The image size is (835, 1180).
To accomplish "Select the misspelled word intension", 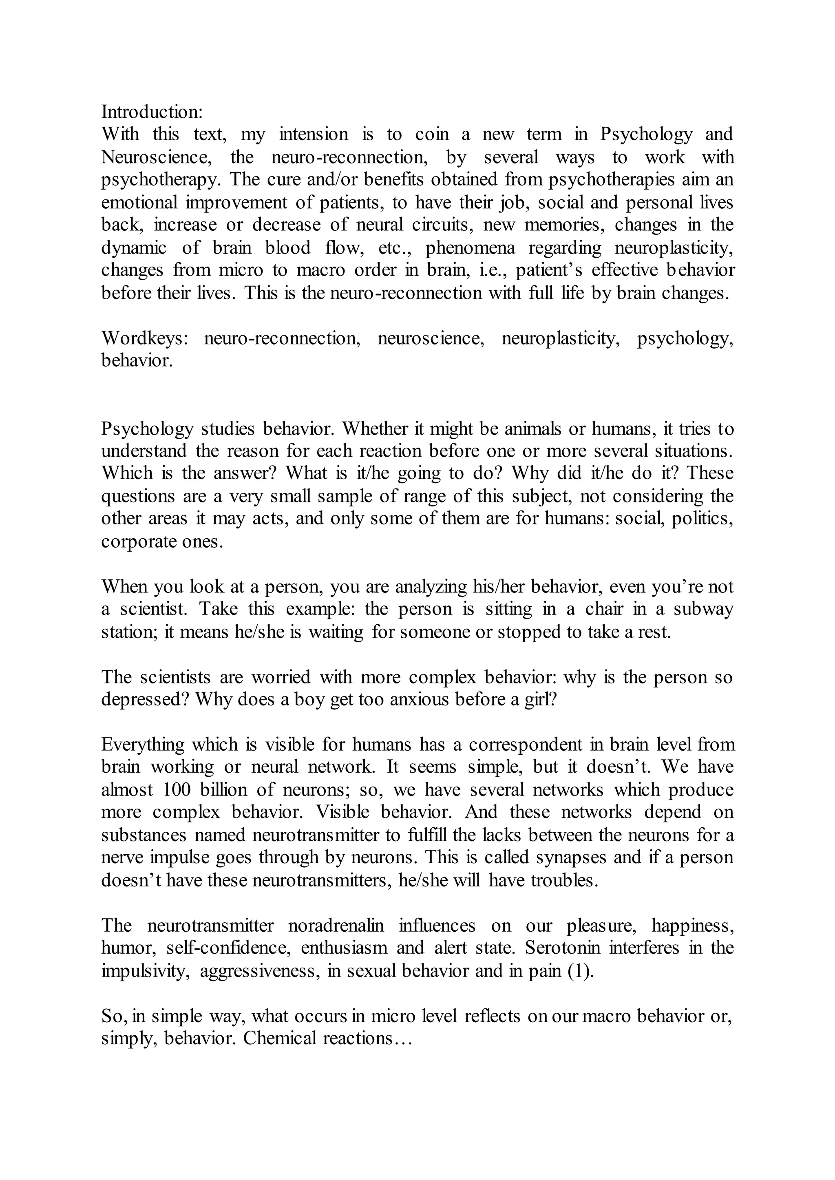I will pyautogui.click(x=314, y=134).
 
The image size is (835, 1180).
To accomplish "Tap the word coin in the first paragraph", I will pyautogui.click(x=432, y=134).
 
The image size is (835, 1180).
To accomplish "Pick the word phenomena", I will pyautogui.click(x=470, y=248).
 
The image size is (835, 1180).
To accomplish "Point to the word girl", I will pyautogui.click(x=541, y=699).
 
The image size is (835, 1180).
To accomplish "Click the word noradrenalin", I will pyautogui.click(x=336, y=926).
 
